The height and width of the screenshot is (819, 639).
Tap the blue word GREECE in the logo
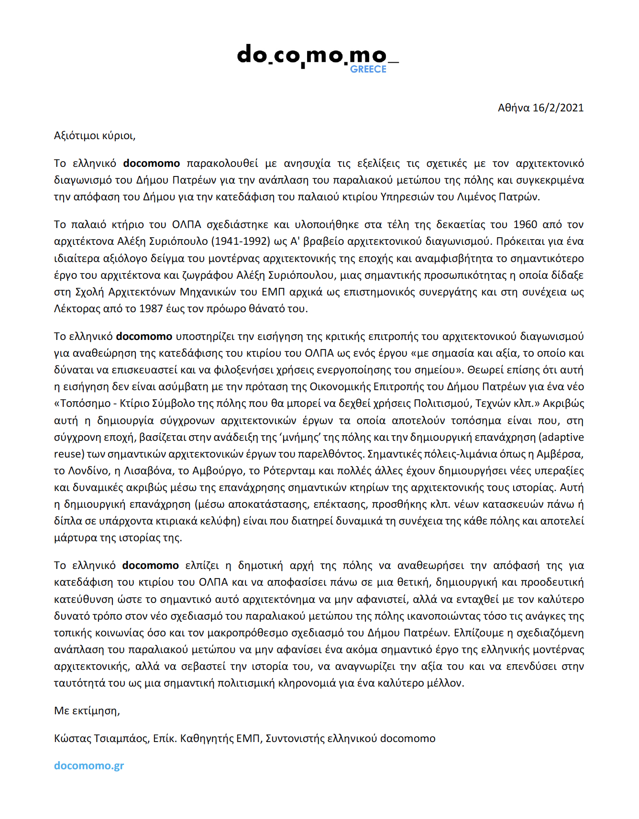368,69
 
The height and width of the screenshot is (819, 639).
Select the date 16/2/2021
558,108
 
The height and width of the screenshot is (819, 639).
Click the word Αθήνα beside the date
514,108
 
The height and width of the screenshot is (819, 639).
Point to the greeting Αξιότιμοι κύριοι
95,136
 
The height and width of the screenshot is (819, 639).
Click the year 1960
525,225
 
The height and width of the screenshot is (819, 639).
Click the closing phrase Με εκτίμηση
86,711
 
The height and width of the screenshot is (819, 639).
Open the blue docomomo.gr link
89,766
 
